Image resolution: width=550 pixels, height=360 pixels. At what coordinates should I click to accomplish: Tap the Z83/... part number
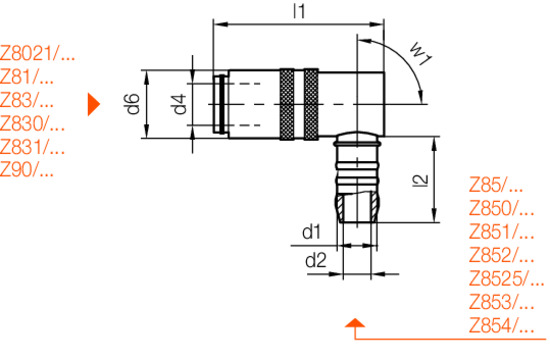point(28,101)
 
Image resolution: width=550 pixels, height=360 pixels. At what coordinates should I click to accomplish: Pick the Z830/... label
point(33,124)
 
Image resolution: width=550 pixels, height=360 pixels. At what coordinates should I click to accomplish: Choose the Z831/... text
point(33,147)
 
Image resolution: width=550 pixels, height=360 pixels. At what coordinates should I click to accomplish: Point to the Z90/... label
point(28,170)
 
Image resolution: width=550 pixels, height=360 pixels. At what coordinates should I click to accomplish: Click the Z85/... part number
point(496,186)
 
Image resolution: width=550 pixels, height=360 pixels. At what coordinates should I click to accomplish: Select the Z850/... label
point(501,209)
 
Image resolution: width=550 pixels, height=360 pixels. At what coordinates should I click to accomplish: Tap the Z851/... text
point(501,232)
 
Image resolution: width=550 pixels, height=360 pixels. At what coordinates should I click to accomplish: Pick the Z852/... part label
point(501,255)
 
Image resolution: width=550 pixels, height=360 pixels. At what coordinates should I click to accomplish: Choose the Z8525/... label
point(507,278)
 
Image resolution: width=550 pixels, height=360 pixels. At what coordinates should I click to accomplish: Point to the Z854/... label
point(501,325)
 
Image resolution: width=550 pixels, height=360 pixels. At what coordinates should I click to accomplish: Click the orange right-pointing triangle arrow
point(94,103)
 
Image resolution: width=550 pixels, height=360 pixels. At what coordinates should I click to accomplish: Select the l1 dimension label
point(297,12)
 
